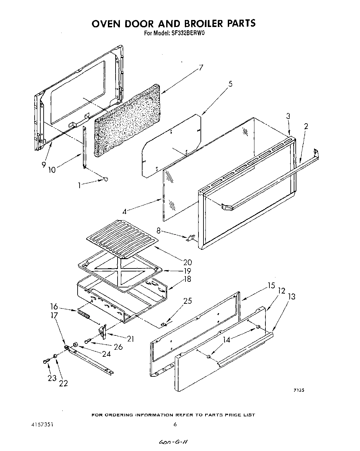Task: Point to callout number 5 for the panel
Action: click(x=230, y=84)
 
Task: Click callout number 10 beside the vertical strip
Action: click(x=52, y=170)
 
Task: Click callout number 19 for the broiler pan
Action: click(x=187, y=271)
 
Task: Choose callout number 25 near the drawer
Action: click(x=188, y=301)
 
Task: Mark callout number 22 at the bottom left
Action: click(x=63, y=383)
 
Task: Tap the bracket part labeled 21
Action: click(x=103, y=332)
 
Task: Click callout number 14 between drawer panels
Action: click(x=226, y=340)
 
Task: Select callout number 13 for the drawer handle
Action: click(x=291, y=296)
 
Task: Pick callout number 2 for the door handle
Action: click(x=306, y=126)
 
